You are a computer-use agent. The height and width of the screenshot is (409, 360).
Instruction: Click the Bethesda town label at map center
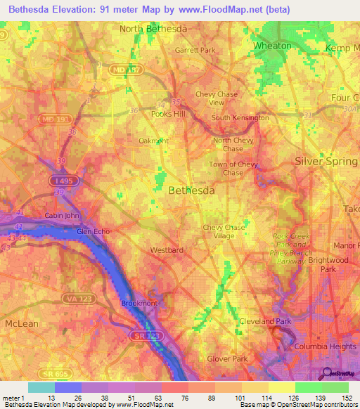click(192, 190)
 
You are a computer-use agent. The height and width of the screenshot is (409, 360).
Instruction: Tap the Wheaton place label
click(272, 45)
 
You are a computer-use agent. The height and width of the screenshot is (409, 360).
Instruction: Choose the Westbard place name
click(167, 249)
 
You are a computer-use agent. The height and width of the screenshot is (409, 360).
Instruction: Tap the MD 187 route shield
click(128, 70)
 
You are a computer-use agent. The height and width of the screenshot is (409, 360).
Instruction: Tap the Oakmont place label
click(154, 141)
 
